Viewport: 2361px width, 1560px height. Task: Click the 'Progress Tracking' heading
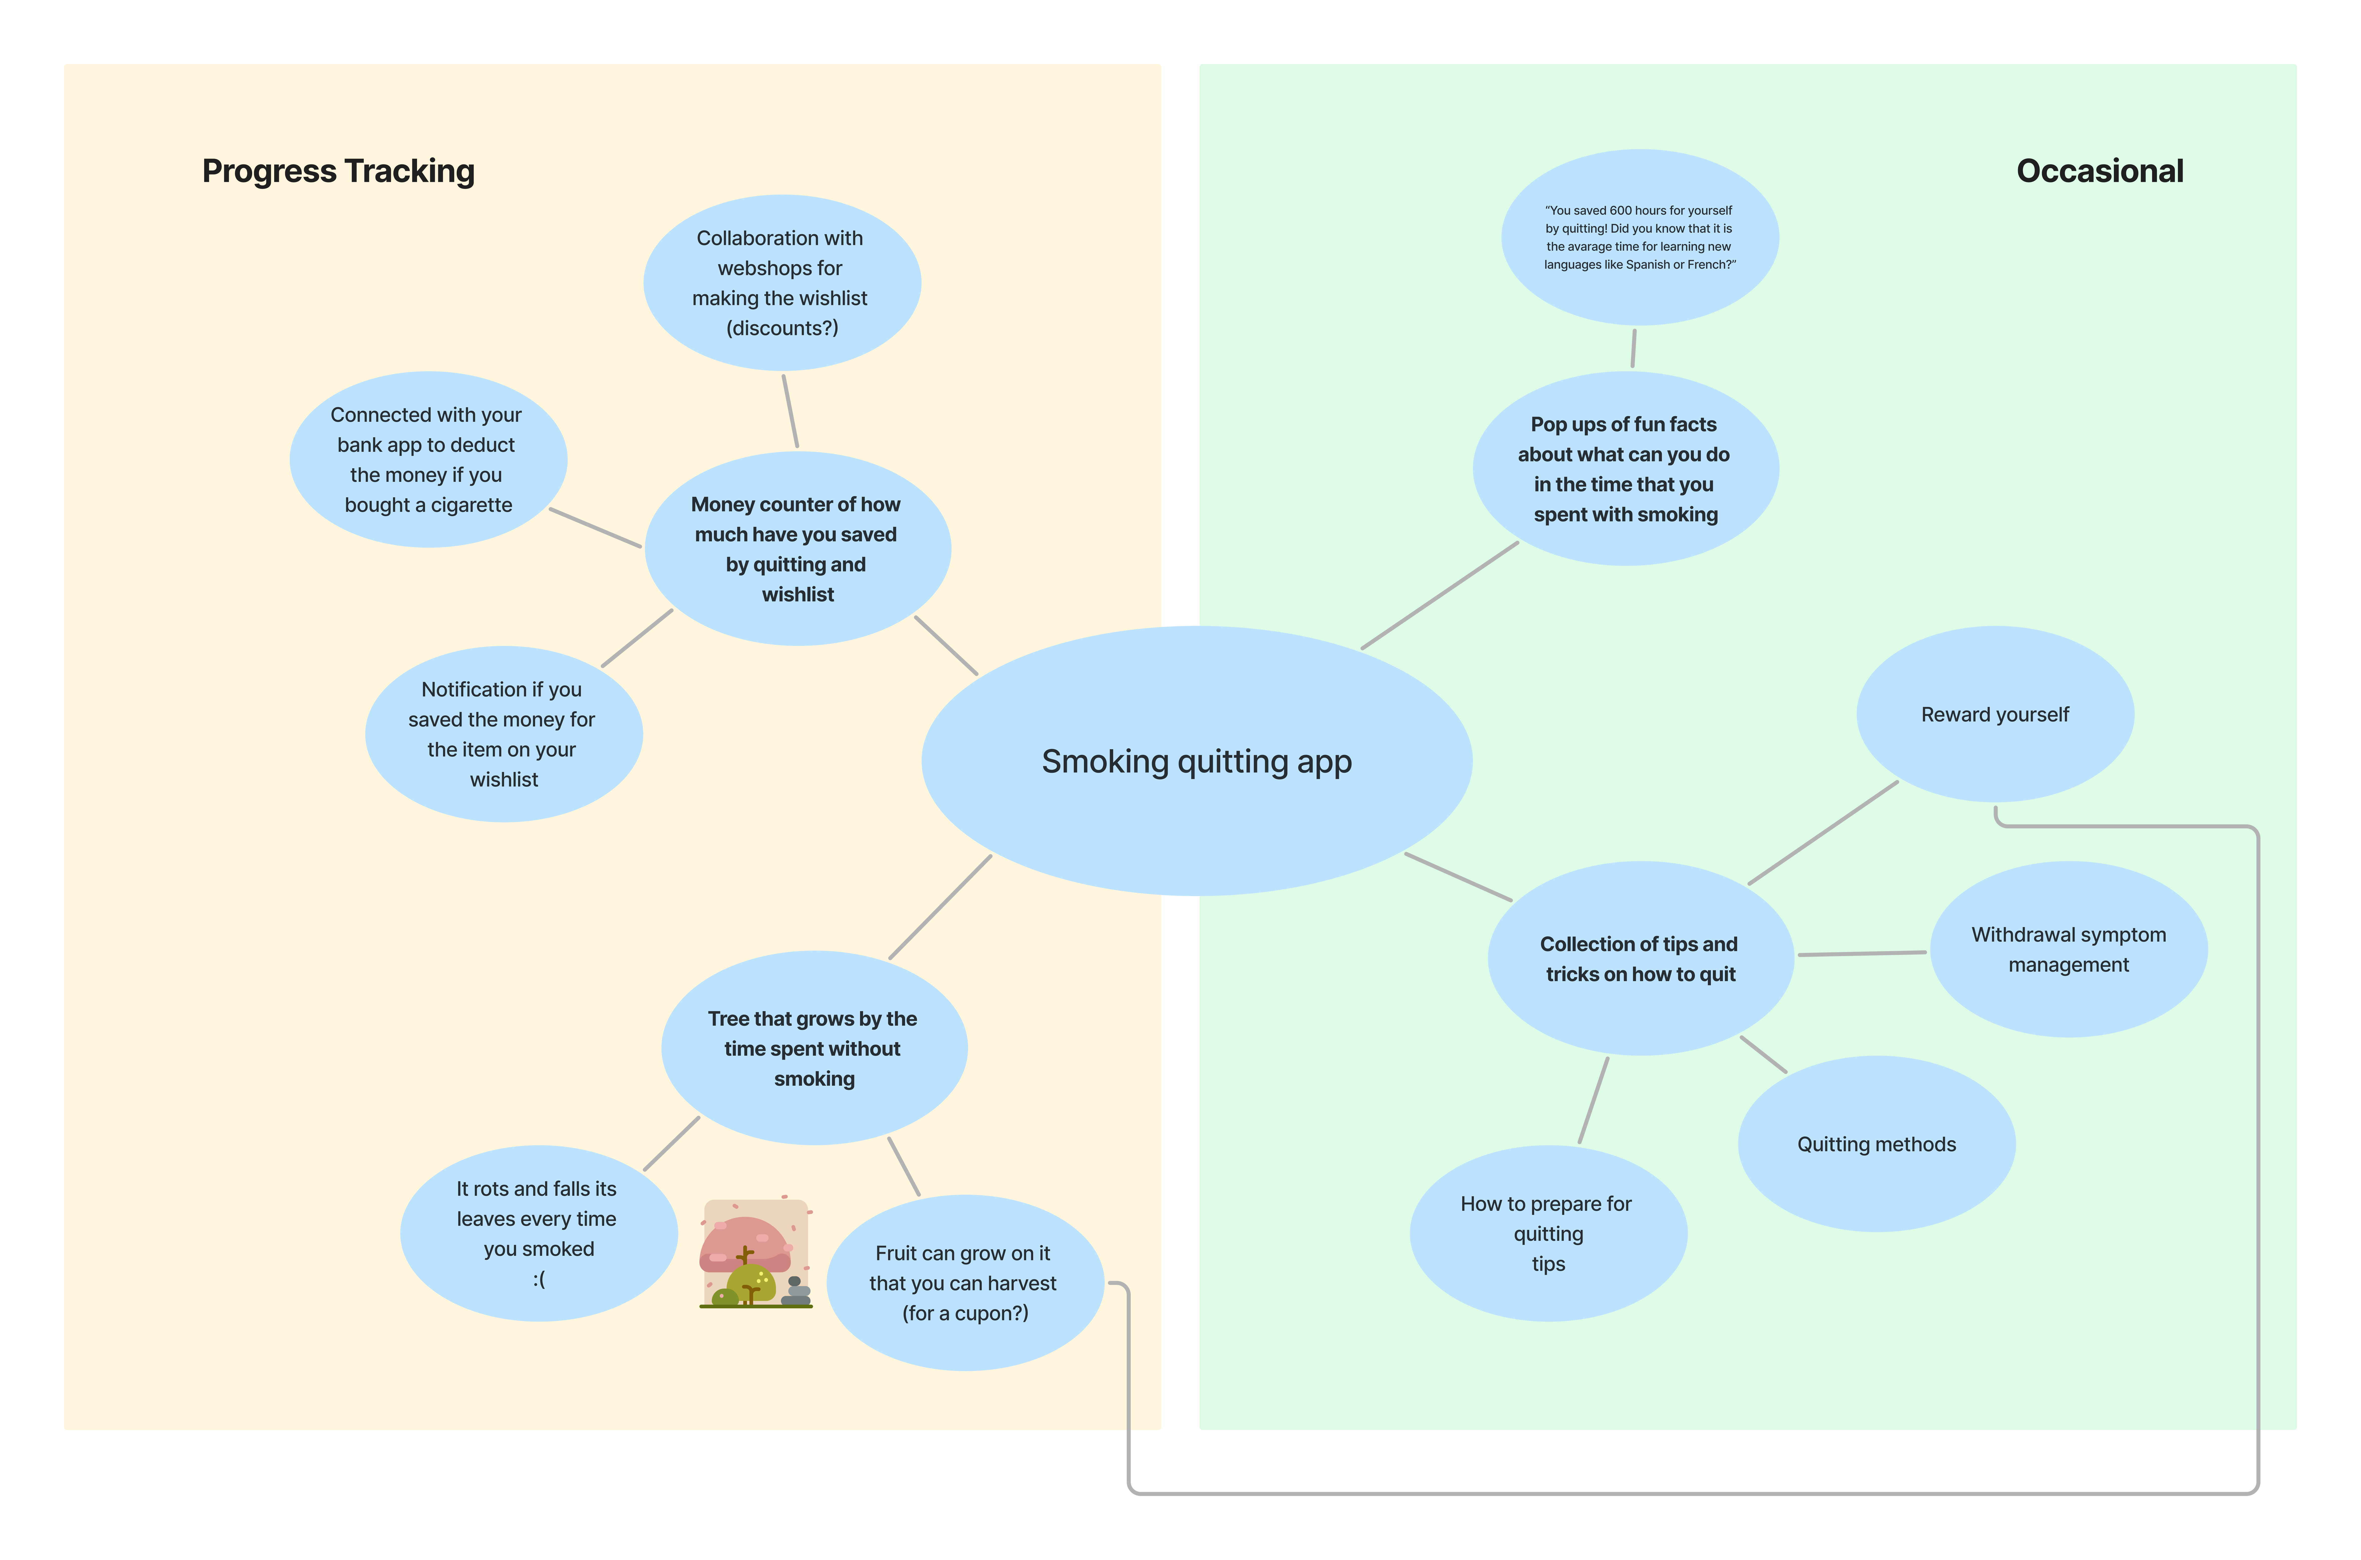click(x=338, y=171)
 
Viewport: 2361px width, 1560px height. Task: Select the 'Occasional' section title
click(x=2099, y=171)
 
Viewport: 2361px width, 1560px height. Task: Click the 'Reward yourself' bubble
click(x=1995, y=714)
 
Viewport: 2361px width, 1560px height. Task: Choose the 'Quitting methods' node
click(x=1876, y=1144)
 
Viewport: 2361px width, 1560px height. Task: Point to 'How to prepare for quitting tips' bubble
click(x=1547, y=1234)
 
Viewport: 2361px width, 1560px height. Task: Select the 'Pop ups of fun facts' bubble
click(x=1625, y=469)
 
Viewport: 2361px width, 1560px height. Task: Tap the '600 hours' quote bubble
click(x=1639, y=237)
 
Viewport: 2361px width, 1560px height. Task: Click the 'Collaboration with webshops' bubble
click(x=781, y=282)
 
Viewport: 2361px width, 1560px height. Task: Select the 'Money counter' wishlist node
click(x=797, y=548)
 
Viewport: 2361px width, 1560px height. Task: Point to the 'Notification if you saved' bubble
click(x=503, y=734)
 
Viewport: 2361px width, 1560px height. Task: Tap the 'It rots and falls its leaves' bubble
click(x=538, y=1234)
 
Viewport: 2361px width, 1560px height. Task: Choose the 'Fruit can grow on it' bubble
click(x=964, y=1282)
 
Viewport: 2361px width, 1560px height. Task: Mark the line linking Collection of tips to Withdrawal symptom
click(x=1861, y=953)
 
